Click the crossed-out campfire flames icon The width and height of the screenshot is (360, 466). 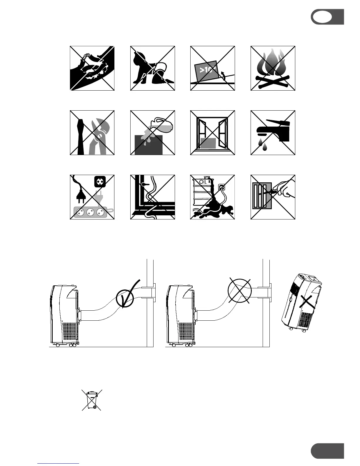pyautogui.click(x=273, y=68)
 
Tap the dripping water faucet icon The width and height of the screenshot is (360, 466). pyautogui.click(x=273, y=133)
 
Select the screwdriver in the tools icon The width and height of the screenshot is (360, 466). pyautogui.click(x=80, y=136)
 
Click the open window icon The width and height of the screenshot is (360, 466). pyautogui.click(x=213, y=133)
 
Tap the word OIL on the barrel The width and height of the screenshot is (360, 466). pyautogui.click(x=203, y=182)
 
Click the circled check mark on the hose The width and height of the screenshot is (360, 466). pyautogui.click(x=125, y=297)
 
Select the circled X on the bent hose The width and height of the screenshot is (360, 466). pyautogui.click(x=240, y=291)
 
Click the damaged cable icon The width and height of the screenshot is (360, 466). pyautogui.click(x=92, y=68)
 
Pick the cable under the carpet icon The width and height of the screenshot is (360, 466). pyautogui.click(x=153, y=197)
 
